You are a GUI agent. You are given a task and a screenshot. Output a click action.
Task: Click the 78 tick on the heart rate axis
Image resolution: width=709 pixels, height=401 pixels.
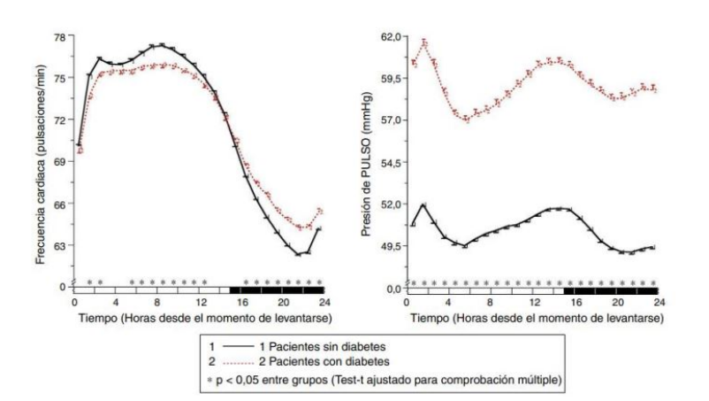click(59, 36)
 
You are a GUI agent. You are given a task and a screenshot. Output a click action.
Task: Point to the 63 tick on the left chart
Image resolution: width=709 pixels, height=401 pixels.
click(59, 245)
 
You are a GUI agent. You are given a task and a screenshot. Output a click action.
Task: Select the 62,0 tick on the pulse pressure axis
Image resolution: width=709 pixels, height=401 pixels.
click(390, 36)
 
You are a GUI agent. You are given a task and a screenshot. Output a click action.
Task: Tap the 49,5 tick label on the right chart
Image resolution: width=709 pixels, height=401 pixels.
click(390, 245)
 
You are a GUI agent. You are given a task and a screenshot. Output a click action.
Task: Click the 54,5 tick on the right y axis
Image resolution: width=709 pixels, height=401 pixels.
click(390, 162)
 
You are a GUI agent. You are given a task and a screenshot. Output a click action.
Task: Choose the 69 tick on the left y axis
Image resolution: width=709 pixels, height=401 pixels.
click(59, 162)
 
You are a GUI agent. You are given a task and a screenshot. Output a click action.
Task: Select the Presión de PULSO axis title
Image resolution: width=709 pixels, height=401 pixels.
click(366, 165)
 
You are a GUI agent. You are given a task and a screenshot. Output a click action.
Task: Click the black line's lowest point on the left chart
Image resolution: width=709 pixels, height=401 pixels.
click(300, 254)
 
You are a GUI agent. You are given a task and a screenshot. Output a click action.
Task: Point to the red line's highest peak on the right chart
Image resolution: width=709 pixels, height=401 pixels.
click(425, 42)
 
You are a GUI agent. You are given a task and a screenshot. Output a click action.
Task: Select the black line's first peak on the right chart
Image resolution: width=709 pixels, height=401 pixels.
click(424, 205)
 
